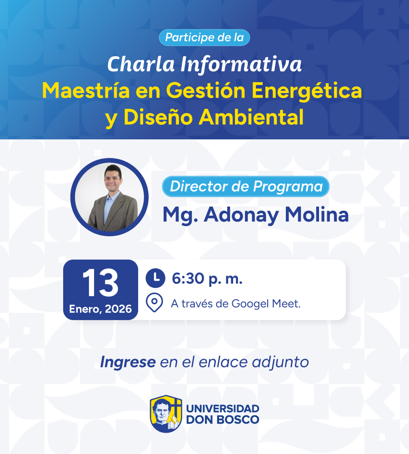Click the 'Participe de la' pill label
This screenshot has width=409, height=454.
click(x=204, y=37)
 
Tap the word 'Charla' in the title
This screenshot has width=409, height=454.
click(x=141, y=64)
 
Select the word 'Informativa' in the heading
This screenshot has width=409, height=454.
click(x=241, y=64)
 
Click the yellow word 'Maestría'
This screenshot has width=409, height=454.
click(x=86, y=91)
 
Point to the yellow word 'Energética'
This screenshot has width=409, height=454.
click(x=307, y=91)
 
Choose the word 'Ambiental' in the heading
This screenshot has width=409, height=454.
click(x=251, y=117)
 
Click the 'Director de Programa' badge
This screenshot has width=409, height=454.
click(x=246, y=187)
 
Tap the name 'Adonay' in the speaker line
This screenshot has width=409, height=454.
click(x=241, y=215)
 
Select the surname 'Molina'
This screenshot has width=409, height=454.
click(x=317, y=215)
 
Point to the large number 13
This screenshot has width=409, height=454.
click(x=100, y=283)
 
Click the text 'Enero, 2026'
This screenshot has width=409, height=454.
click(x=100, y=309)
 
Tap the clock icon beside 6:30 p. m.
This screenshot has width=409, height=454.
click(x=155, y=278)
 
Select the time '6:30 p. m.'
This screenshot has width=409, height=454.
click(x=207, y=279)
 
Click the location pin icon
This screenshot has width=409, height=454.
click(x=154, y=302)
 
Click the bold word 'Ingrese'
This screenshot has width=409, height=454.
click(x=128, y=362)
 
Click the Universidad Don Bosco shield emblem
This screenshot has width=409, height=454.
click(x=166, y=414)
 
